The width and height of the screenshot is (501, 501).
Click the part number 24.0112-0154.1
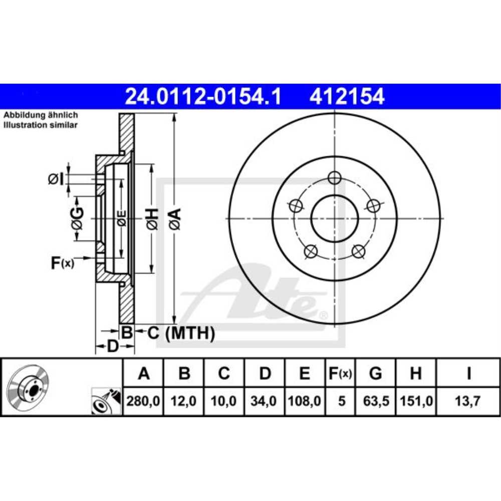click(x=203, y=96)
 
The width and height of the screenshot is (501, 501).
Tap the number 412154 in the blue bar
click(x=347, y=96)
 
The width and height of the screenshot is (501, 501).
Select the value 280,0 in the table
click(x=143, y=401)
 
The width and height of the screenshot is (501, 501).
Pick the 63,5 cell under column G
click(x=376, y=401)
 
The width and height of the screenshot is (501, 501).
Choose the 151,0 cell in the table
click(x=416, y=401)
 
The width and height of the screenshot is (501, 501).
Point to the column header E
click(x=305, y=373)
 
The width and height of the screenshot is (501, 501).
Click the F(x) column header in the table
click(x=340, y=374)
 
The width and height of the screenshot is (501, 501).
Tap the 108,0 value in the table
click(x=304, y=401)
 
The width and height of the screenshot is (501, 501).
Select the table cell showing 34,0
click(x=264, y=401)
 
